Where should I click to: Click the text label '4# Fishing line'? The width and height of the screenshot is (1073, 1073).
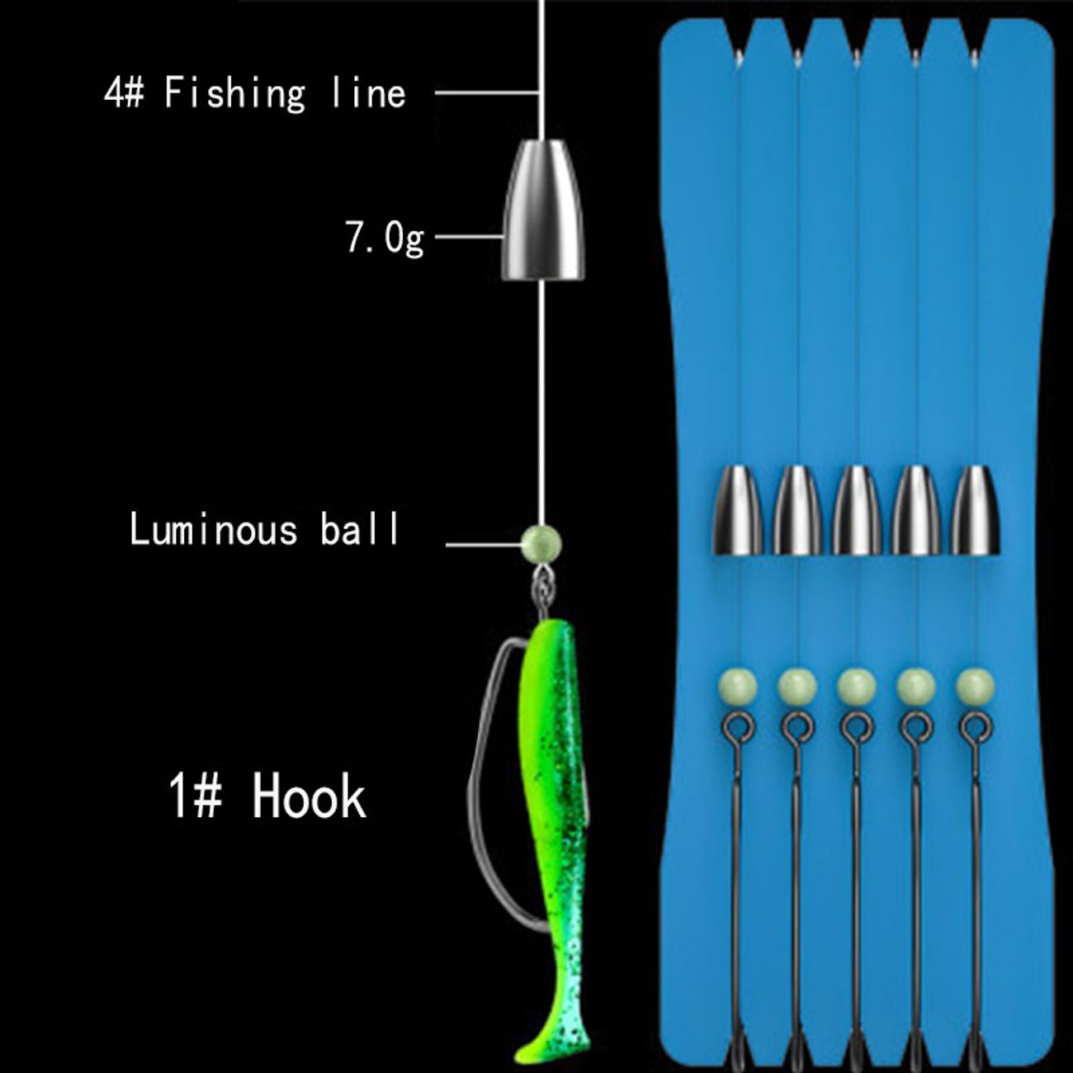tap(255, 92)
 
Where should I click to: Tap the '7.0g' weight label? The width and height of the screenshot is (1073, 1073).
tap(385, 238)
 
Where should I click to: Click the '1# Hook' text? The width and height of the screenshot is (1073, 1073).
tap(267, 796)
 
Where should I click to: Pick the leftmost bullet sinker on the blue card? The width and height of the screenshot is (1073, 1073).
tap(738, 510)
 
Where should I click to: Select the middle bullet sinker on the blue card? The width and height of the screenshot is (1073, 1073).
tap(856, 510)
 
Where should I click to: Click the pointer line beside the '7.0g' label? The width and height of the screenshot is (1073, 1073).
tap(468, 238)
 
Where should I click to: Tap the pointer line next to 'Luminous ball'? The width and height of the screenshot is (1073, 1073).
tap(483, 545)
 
